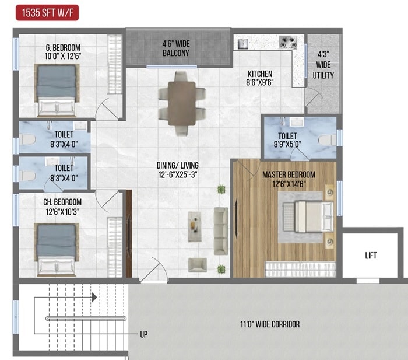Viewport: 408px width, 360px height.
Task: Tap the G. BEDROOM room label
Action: coord(55,51)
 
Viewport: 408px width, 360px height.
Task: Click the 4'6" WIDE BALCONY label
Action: coord(175,49)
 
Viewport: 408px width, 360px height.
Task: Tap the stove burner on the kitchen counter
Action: coord(287,42)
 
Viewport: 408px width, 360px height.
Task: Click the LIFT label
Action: coord(371,256)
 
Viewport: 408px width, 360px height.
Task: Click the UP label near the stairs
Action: coord(144,335)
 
